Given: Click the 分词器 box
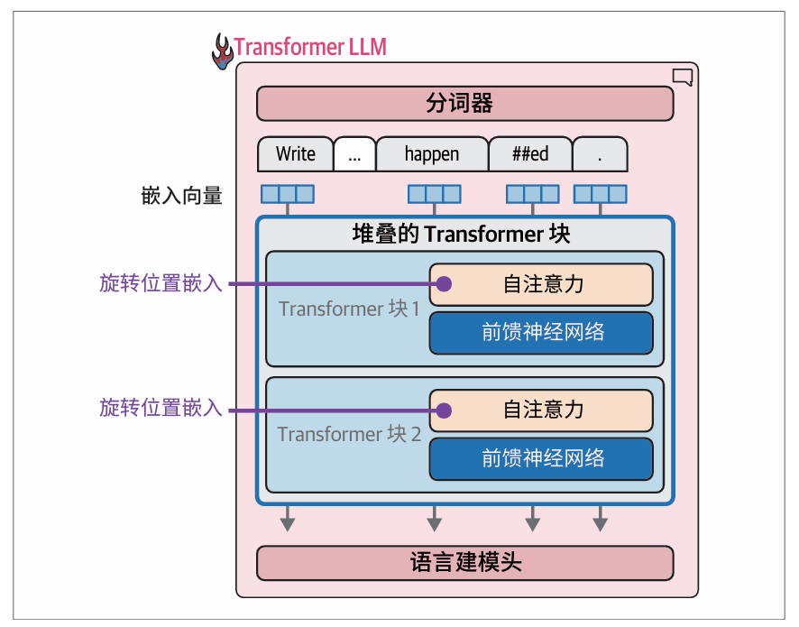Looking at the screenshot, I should (x=464, y=104).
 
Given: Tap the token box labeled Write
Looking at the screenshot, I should (x=295, y=154).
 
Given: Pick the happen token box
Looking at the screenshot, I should (x=431, y=154).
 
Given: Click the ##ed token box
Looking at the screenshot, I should (x=530, y=154).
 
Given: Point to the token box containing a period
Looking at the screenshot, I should (x=600, y=154).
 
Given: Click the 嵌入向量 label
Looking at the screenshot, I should (x=181, y=196).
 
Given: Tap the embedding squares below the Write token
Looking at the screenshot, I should (x=288, y=194).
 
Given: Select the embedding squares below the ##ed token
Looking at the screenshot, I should (x=532, y=194).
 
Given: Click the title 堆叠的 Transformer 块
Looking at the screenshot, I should (x=461, y=235).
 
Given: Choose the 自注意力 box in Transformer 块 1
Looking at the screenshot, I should (x=541, y=284).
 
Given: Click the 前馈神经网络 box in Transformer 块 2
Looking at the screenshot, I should (x=541, y=458).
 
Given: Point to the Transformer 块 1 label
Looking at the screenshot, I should (x=350, y=309).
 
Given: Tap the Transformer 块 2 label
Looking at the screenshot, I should (x=350, y=434).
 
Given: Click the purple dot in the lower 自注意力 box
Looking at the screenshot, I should (x=443, y=410).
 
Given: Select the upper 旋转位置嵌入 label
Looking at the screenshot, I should (x=161, y=284).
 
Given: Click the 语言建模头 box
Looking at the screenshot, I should (x=464, y=563).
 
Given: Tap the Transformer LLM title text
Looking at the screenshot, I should (x=310, y=47).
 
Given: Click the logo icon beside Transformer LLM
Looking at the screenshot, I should (x=222, y=51).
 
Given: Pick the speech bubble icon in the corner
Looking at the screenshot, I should (x=683, y=78).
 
